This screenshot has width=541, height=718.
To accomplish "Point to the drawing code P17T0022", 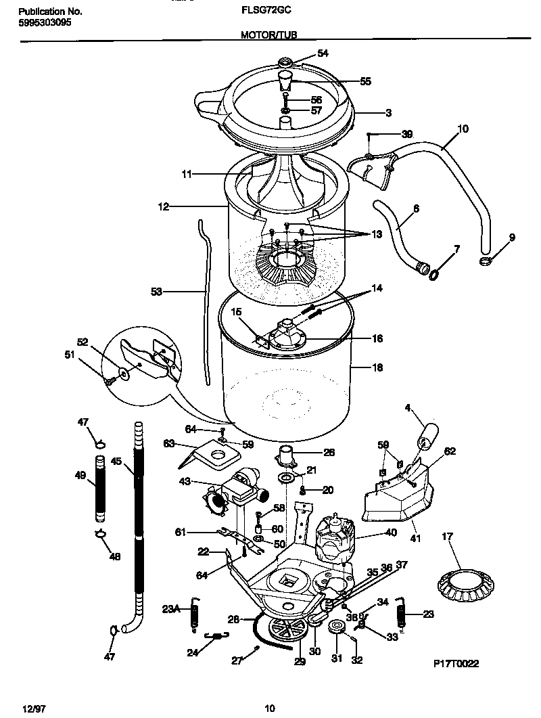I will (456, 664).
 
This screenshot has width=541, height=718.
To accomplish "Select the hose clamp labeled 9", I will (487, 261).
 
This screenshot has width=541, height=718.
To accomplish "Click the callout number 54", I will (323, 53).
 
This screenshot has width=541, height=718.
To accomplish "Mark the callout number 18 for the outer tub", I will (377, 367).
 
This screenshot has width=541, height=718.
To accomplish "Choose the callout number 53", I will (156, 292).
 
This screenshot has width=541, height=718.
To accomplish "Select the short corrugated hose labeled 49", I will (99, 488).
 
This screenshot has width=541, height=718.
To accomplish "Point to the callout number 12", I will (164, 206).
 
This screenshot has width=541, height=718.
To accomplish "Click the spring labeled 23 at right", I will (401, 614).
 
